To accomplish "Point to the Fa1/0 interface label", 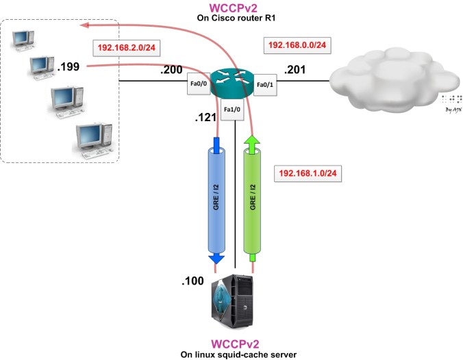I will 234,110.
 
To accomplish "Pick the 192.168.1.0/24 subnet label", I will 308,173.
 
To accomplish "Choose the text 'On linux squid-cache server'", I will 235,354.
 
